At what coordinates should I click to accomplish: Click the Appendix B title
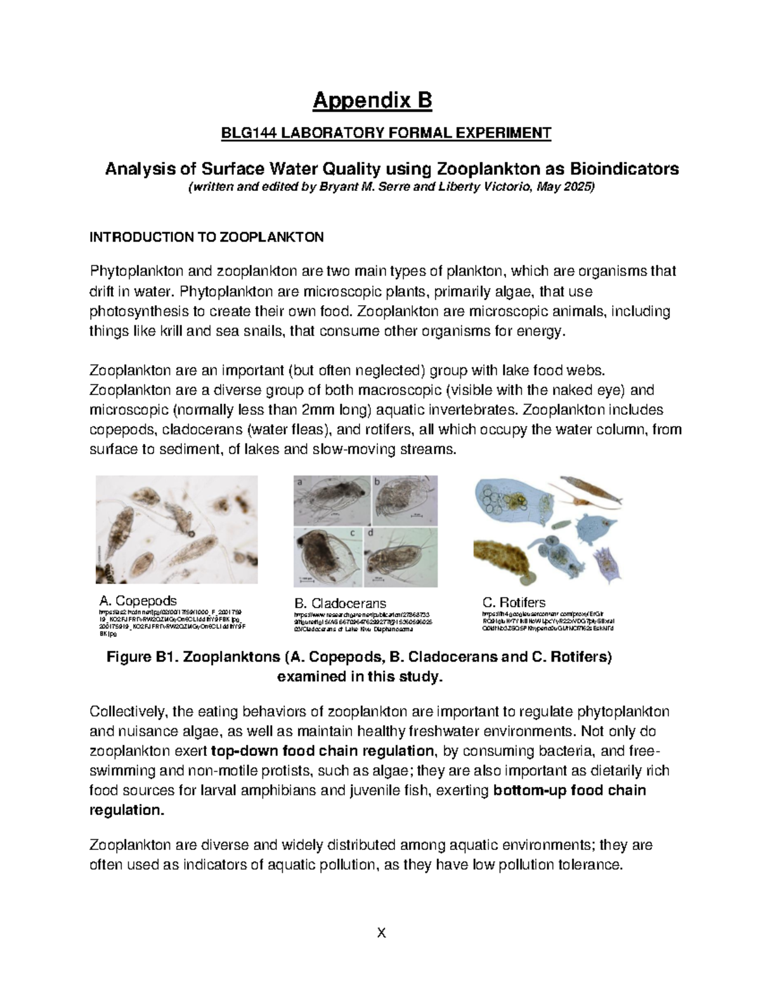(380, 100)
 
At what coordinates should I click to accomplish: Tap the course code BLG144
(243, 133)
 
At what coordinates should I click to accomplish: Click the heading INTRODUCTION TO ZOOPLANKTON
(207, 238)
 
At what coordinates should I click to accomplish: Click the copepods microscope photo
(177, 530)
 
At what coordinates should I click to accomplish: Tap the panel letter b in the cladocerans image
(376, 482)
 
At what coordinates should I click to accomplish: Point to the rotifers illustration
(549, 530)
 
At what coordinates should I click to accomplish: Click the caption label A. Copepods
(138, 600)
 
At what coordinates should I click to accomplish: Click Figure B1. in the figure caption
(143, 657)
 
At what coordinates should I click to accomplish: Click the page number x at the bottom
(381, 932)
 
